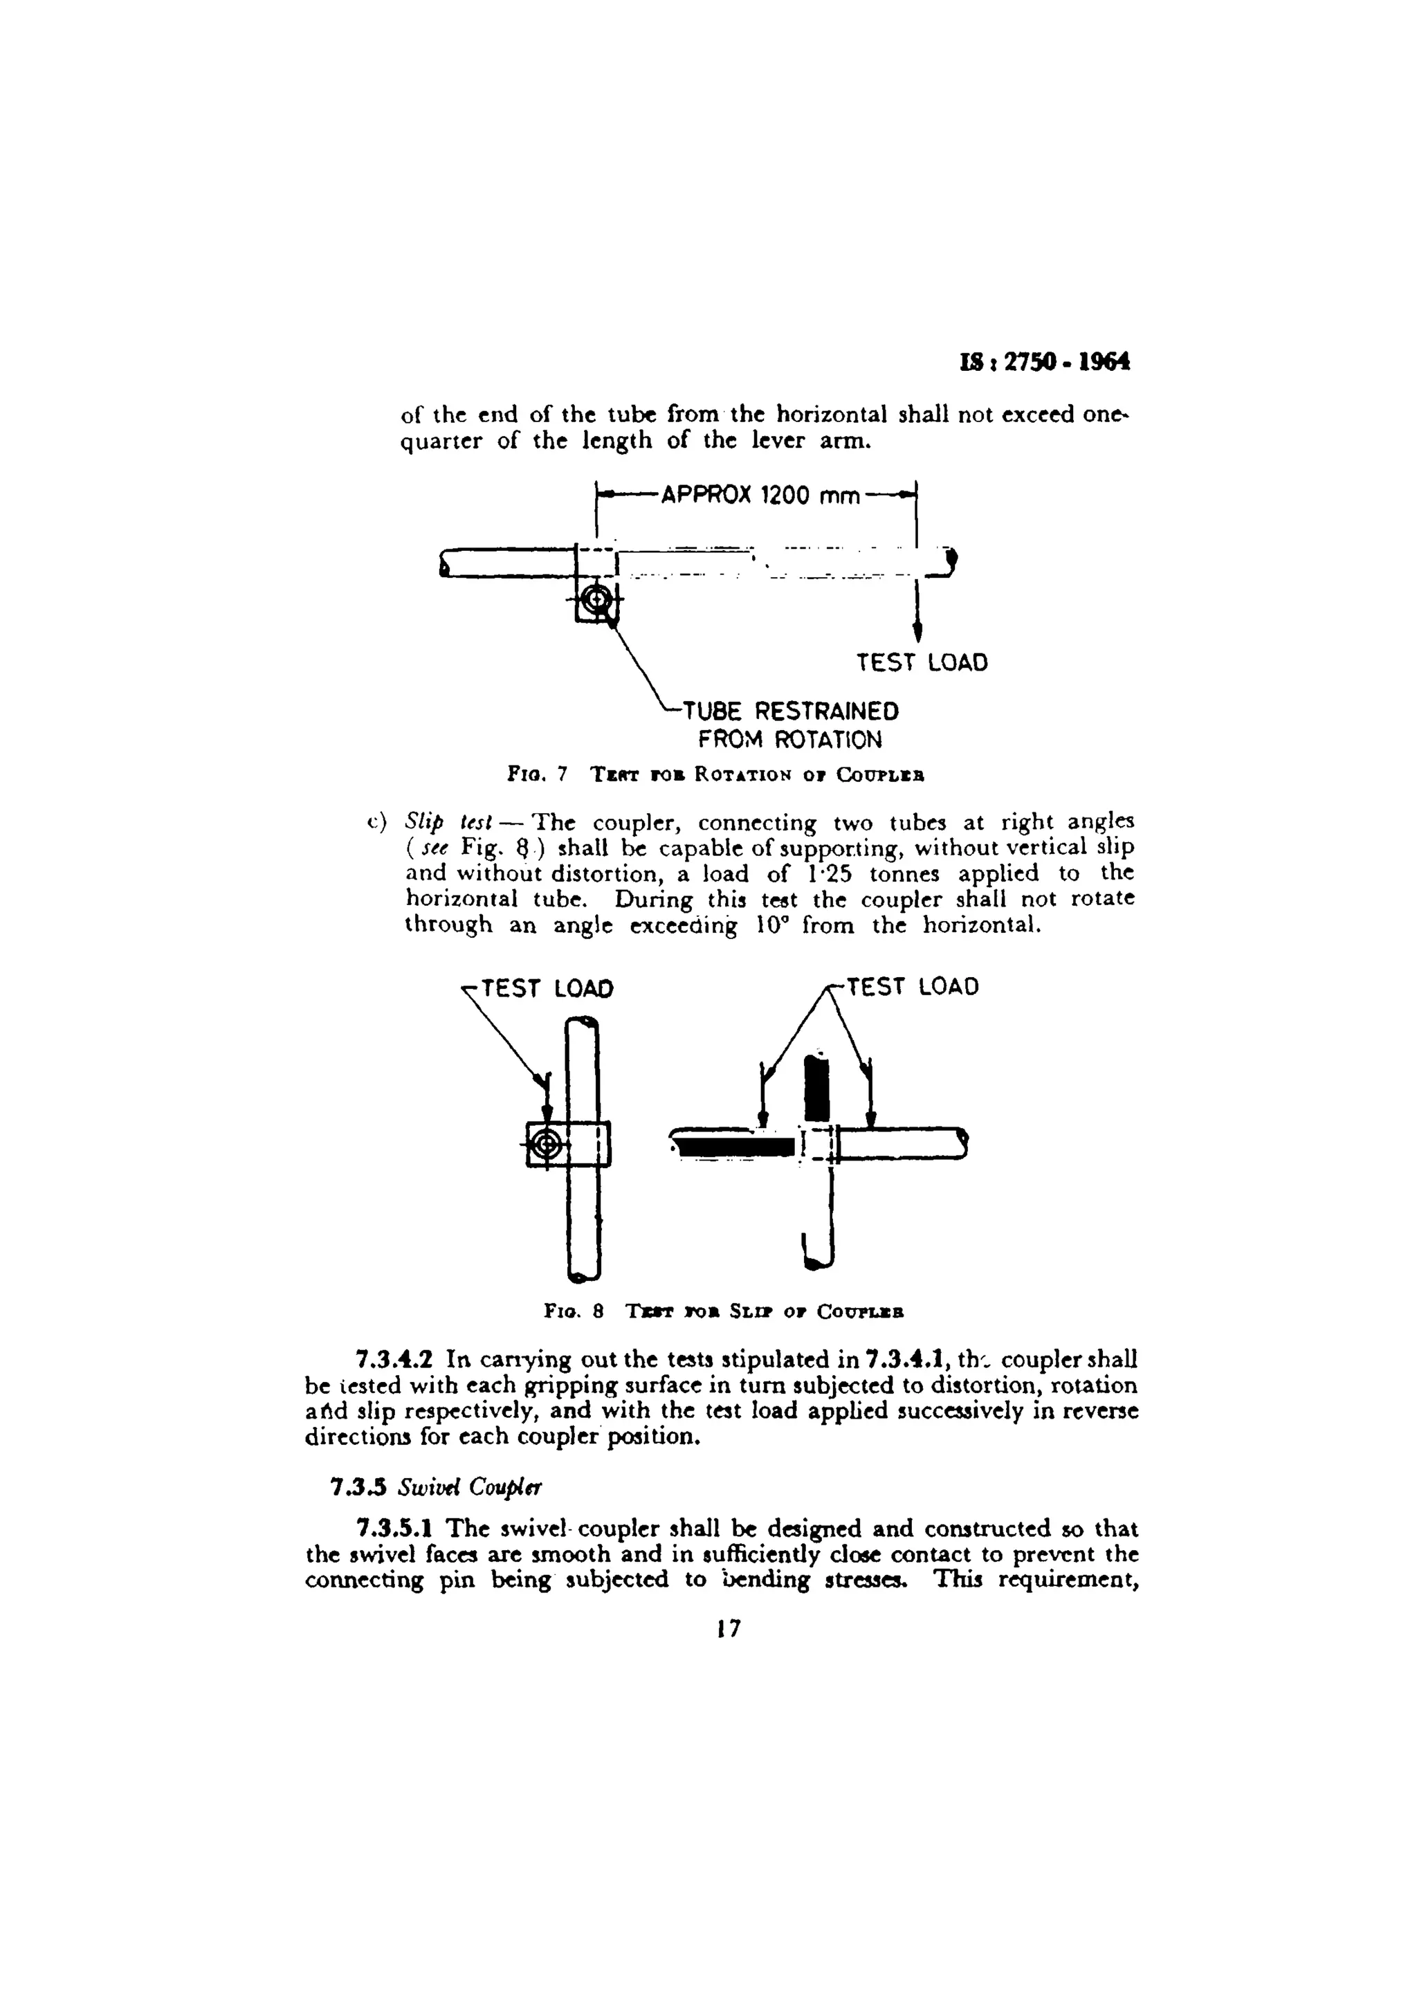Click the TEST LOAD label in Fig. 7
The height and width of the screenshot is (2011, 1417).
[922, 662]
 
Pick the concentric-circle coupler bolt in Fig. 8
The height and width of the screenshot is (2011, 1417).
[547, 1143]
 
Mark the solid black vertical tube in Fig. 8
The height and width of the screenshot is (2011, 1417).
[816, 1088]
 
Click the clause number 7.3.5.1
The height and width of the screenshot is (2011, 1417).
[399, 1529]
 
